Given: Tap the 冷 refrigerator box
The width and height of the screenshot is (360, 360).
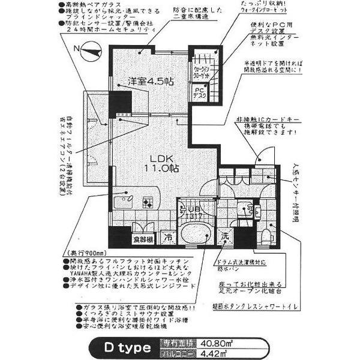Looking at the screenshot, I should [x=169, y=237].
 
